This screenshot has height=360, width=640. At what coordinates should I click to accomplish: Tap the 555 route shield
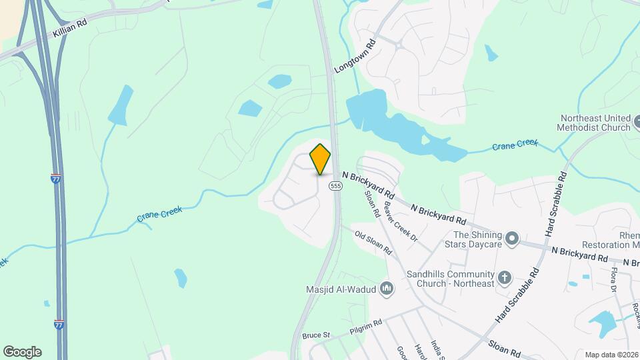(x=335, y=186)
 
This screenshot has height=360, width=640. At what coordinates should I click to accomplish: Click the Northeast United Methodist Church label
(x=595, y=123)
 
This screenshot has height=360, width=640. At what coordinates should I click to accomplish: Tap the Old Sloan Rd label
(x=373, y=244)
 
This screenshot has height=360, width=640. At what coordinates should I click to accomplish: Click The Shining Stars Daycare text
(x=477, y=239)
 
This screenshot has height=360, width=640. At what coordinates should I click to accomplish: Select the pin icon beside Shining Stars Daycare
(x=511, y=239)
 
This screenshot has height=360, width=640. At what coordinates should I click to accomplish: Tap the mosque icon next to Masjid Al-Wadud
(x=387, y=289)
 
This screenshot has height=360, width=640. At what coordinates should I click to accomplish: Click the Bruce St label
(x=316, y=335)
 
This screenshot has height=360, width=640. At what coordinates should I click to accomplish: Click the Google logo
(x=22, y=352)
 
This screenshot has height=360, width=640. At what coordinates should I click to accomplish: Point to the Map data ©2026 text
(x=611, y=355)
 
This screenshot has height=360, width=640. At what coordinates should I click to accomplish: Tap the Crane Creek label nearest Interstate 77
(x=160, y=213)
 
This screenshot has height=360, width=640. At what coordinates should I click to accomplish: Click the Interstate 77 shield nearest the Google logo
(x=59, y=324)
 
